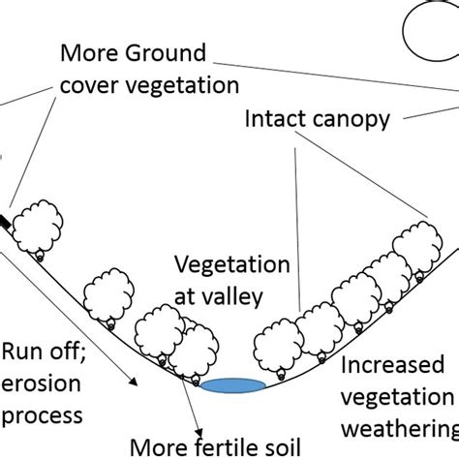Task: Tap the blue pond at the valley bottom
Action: [x=233, y=386]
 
